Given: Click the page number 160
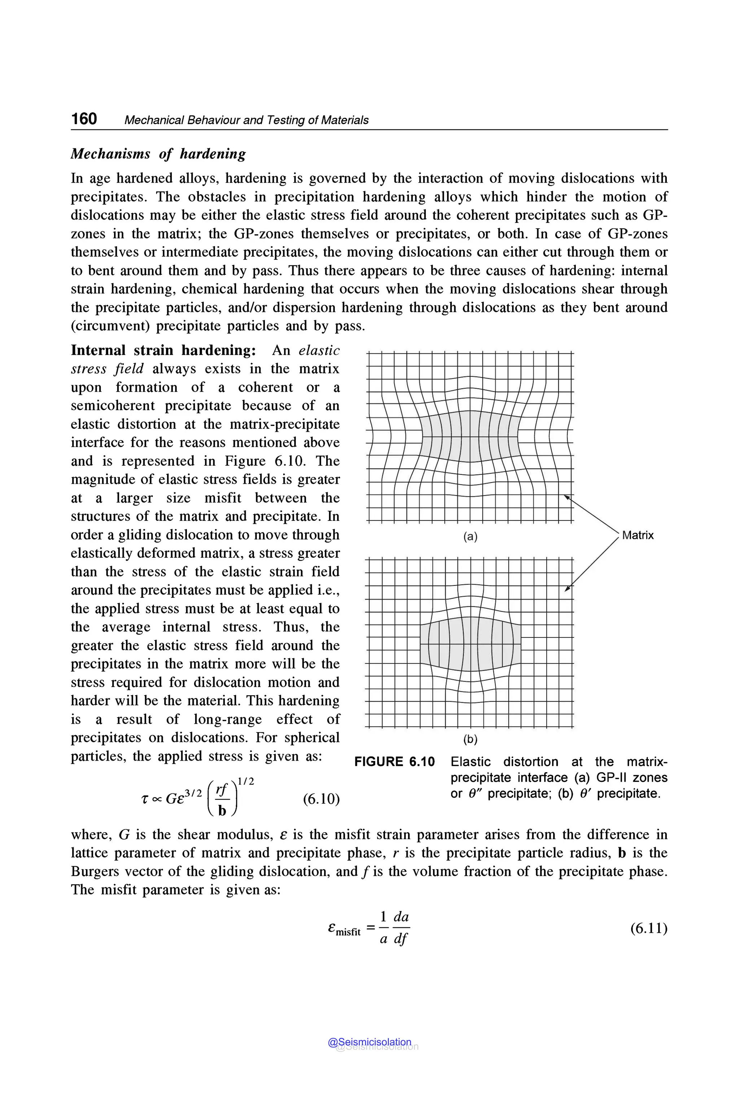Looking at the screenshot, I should [x=84, y=118].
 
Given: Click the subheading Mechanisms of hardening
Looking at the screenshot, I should [x=158, y=154].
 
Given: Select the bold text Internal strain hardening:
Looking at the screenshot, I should [x=163, y=351].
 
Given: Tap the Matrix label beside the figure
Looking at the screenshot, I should [x=638, y=535].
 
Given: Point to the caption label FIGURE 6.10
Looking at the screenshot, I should [x=394, y=762].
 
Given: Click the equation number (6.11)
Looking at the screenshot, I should [x=648, y=928].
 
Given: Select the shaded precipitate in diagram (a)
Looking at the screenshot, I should [x=470, y=436].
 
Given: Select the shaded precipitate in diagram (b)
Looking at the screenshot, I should [x=470, y=644].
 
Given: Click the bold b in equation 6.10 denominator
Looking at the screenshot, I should [x=222, y=810].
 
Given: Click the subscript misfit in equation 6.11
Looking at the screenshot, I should [x=348, y=932].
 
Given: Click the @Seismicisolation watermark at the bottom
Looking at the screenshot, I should [x=369, y=1042].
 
